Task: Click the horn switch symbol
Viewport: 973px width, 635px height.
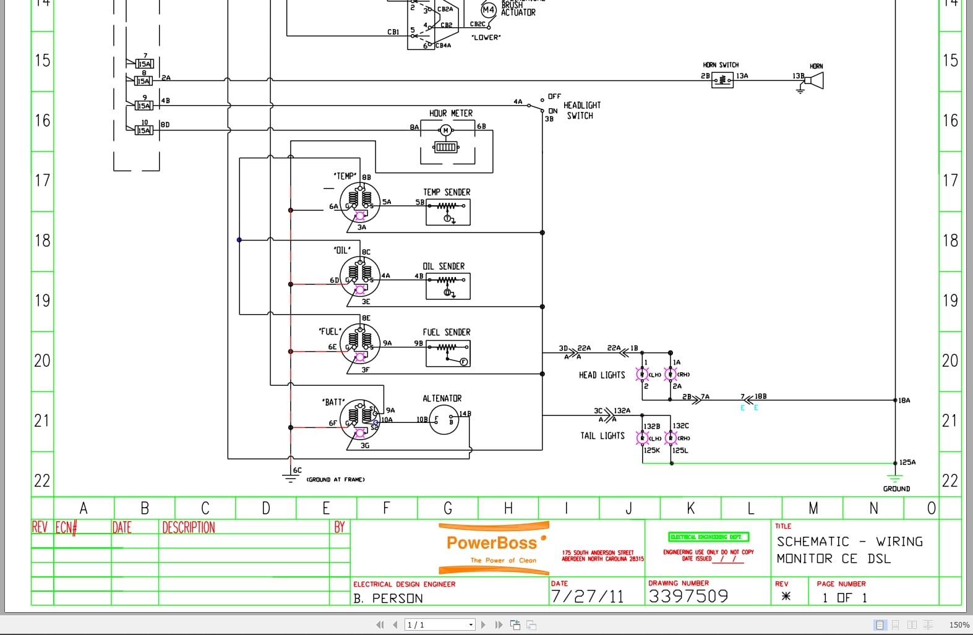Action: click(x=722, y=80)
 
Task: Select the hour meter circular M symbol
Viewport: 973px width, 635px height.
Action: click(x=445, y=130)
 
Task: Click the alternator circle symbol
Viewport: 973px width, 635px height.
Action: click(x=444, y=420)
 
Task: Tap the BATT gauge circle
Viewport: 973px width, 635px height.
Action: click(x=359, y=419)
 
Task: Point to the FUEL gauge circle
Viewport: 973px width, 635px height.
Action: click(x=360, y=344)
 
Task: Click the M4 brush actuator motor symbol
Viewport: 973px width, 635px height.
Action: click(x=488, y=10)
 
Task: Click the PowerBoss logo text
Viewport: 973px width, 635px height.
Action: click(x=492, y=543)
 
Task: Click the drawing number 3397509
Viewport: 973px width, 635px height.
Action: click(x=688, y=596)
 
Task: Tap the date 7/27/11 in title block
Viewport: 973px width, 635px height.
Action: click(x=587, y=596)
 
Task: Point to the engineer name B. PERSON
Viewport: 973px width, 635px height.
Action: click(x=388, y=598)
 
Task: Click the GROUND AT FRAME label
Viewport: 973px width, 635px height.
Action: click(x=336, y=479)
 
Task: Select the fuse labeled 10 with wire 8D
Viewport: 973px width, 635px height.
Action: click(x=144, y=130)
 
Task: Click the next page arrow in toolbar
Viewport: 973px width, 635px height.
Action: click(x=483, y=625)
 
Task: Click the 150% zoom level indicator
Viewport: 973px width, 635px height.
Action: click(x=959, y=625)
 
